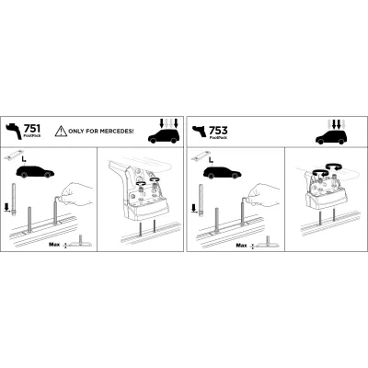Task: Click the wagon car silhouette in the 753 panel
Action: click(221, 172)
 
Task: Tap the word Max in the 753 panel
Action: click(241, 246)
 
